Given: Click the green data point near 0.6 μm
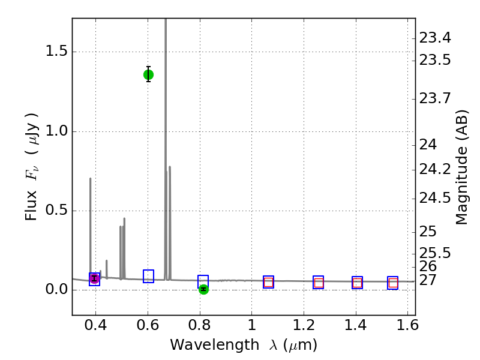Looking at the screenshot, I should tap(148, 74).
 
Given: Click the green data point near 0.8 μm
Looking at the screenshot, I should tap(203, 289).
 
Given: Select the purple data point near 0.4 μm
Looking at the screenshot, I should tap(94, 278).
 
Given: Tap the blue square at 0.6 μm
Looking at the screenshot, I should tap(148, 276).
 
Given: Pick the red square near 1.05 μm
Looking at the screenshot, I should tap(268, 283).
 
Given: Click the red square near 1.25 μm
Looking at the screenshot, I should tap(319, 283).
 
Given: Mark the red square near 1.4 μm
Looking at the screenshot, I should tap(357, 283).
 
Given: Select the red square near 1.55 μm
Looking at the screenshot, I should tap(393, 283).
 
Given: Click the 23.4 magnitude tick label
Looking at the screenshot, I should tap(435, 38).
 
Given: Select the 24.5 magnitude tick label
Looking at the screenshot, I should tap(435, 198).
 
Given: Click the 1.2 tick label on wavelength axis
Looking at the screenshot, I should tap(304, 326).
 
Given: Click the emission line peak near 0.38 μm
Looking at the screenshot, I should tap(91, 178).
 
